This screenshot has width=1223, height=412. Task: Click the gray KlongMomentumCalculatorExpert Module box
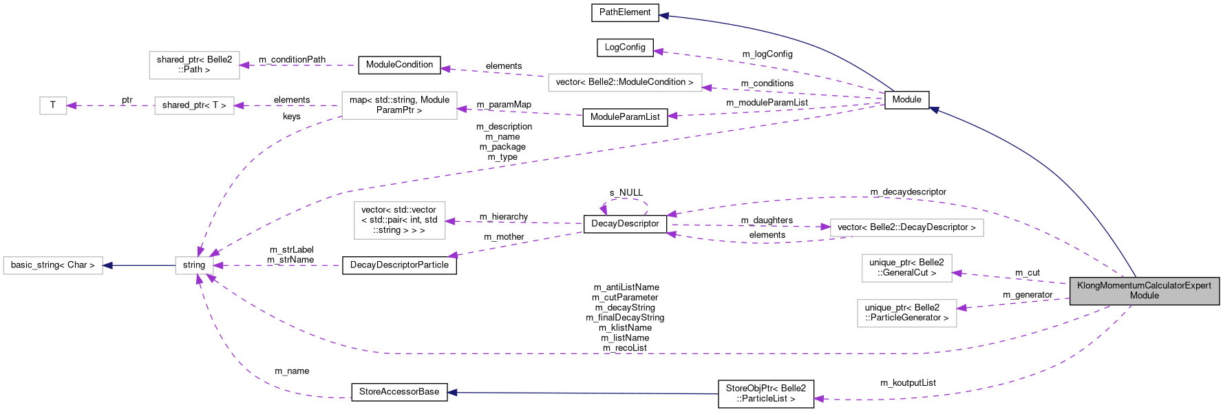(x=1144, y=291)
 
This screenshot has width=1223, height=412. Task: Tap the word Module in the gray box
(x=1145, y=296)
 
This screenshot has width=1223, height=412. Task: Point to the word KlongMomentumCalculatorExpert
(x=1144, y=285)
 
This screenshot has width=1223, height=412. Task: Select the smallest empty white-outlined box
(x=53, y=105)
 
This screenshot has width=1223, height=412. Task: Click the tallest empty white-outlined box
(x=399, y=220)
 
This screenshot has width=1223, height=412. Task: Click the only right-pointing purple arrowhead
(x=826, y=227)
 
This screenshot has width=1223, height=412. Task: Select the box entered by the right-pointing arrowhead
(x=906, y=227)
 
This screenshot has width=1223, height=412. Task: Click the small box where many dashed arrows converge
(x=194, y=265)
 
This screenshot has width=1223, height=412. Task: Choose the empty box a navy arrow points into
(x=53, y=265)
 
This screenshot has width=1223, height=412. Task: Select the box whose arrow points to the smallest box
(x=194, y=105)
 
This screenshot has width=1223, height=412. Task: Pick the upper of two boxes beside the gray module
(x=906, y=268)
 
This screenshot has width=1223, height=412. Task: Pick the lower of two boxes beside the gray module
(x=906, y=313)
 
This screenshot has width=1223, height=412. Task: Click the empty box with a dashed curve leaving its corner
(x=399, y=105)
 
